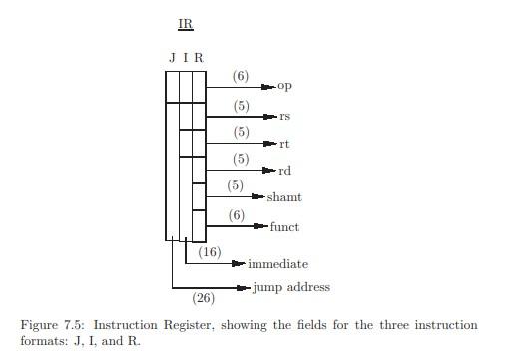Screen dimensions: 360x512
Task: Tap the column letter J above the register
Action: tap(172, 58)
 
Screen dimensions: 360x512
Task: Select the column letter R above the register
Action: tap(199, 58)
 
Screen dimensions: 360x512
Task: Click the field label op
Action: tap(284, 87)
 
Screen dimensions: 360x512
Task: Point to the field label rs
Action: tap(284, 116)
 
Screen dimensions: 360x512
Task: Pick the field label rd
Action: tap(284, 172)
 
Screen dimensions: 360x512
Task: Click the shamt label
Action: tap(283, 198)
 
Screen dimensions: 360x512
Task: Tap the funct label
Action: tap(284, 227)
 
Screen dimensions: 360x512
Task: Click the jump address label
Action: tap(290, 287)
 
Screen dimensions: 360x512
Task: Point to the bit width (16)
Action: tap(210, 253)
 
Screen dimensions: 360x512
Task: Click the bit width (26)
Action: tap(204, 297)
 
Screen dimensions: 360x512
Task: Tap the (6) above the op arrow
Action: tap(241, 76)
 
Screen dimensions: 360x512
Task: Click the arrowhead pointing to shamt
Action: tap(258, 198)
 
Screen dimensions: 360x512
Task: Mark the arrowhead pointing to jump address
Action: tap(245, 288)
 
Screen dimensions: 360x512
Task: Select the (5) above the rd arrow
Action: tap(241, 159)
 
